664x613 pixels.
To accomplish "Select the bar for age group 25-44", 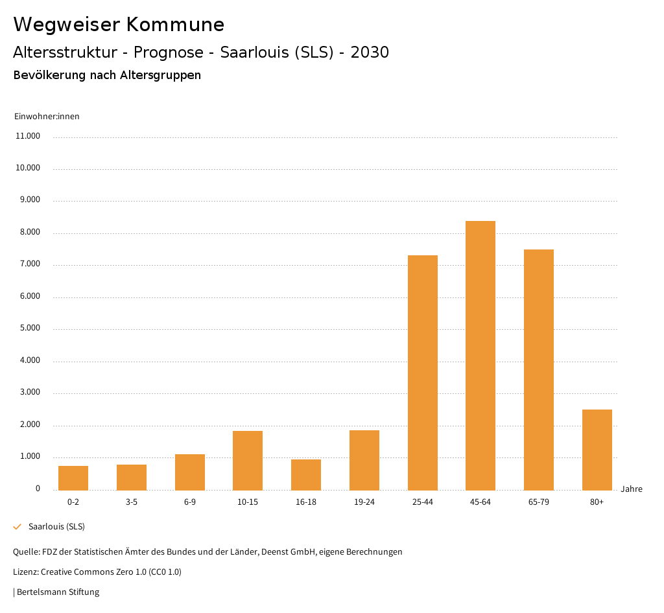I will pyautogui.click(x=423, y=373).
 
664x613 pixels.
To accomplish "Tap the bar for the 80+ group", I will pyautogui.click(x=597, y=450).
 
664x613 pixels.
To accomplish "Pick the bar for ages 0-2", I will pyautogui.click(x=73, y=478).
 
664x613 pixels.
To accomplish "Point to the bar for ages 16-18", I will pyautogui.click(x=306, y=475).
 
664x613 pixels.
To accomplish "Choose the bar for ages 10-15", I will pyautogui.click(x=248, y=461).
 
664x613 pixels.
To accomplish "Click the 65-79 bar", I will pyautogui.click(x=539, y=369).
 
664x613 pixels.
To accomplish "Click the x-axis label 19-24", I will pyautogui.click(x=364, y=502).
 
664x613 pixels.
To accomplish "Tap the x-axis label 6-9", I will pyautogui.click(x=190, y=502).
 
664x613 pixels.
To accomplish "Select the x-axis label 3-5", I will pyautogui.click(x=132, y=502).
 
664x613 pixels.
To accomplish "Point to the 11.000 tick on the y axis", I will pyautogui.click(x=28, y=136).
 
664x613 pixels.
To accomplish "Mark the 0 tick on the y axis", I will pyautogui.click(x=38, y=489).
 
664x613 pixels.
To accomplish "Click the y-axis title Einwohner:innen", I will pyautogui.click(x=47, y=117).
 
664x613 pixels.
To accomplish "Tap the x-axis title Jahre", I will pyautogui.click(x=632, y=489).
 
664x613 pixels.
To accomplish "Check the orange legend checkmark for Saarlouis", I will pyautogui.click(x=18, y=527).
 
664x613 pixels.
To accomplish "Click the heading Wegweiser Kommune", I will pyautogui.click(x=119, y=25).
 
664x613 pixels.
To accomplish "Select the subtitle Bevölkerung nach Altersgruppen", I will pyautogui.click(x=107, y=75).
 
